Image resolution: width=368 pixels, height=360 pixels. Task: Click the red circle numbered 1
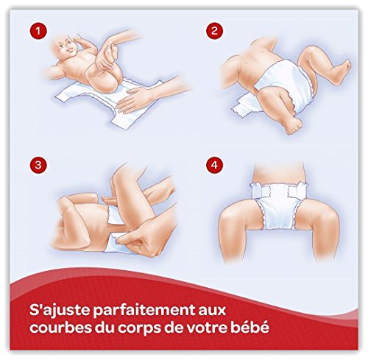(x=38, y=31)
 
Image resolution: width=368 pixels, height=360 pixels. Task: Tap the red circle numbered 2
(x=214, y=31)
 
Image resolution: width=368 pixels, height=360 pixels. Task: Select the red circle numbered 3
(x=38, y=165)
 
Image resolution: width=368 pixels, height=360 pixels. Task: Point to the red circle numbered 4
(x=214, y=165)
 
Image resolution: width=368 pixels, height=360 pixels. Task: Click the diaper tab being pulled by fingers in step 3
(x=116, y=241)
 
